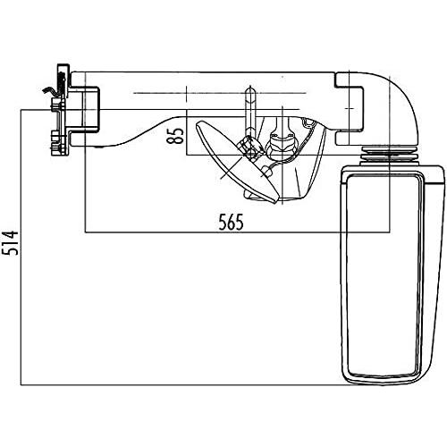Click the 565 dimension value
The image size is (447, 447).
(x=231, y=222)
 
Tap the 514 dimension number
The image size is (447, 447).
(x=10, y=243)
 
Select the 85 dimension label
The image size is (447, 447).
(x=175, y=136)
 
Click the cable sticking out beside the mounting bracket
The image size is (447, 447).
(x=49, y=90)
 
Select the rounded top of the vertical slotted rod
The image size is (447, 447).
(x=250, y=91)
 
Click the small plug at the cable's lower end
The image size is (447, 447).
(x=266, y=171)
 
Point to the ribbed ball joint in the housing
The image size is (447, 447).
(x=279, y=147)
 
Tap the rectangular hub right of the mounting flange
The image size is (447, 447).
(x=84, y=109)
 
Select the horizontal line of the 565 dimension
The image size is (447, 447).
(x=237, y=232)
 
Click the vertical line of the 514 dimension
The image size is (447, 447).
(x=21, y=248)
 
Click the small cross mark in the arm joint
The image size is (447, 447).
(x=350, y=109)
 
